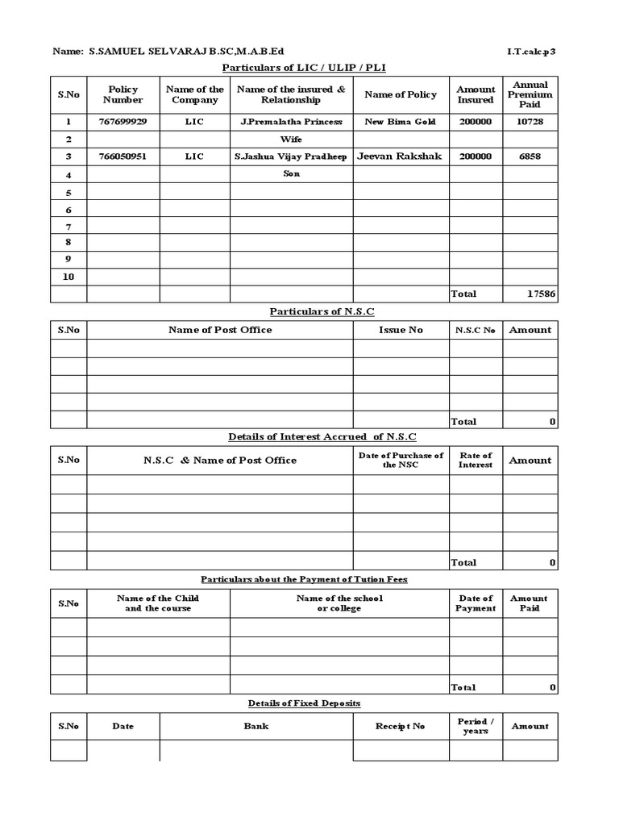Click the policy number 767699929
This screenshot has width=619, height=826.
coord(123,122)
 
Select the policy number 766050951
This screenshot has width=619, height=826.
coord(123,156)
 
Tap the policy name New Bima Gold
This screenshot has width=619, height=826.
coord(401,122)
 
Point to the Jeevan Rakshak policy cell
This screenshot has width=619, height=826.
coord(400,156)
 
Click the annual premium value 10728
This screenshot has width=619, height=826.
coord(530,122)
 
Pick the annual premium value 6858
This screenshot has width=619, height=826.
coord(530,156)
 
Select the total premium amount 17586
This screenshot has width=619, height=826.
coord(541,294)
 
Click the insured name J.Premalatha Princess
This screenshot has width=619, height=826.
coord(291,122)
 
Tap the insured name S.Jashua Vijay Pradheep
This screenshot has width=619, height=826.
coord(291,156)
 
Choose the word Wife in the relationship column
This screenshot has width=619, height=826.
coord(291,140)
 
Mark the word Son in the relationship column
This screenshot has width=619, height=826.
coord(291,174)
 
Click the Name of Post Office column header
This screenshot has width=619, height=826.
coord(220,330)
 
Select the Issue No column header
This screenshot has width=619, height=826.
coord(401,330)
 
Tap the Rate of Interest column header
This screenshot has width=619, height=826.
coord(476,461)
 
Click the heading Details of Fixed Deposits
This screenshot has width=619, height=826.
coord(304,703)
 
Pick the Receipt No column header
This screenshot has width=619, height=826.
coord(401,727)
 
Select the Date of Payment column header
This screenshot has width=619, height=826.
coord(476,603)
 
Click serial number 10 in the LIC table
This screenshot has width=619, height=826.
coord(69,277)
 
